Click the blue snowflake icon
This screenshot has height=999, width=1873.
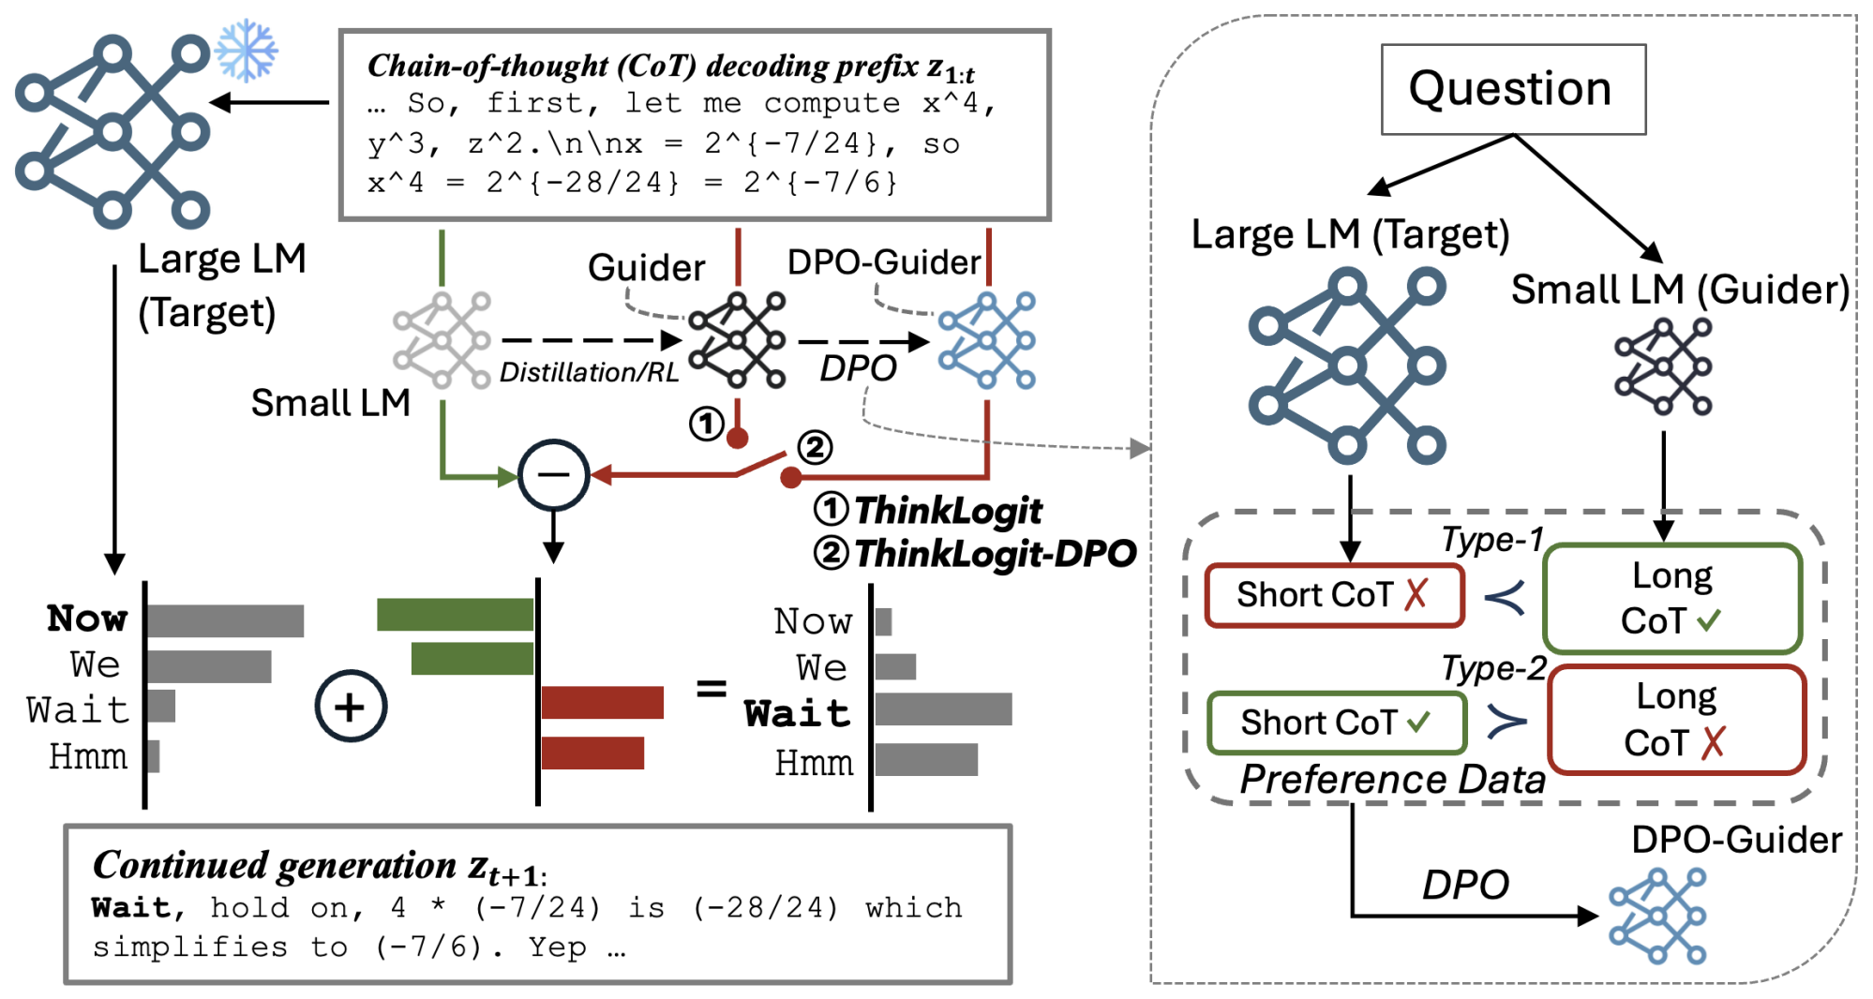(246, 50)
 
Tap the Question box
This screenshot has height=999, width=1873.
(1512, 89)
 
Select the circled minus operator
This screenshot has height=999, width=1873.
(553, 475)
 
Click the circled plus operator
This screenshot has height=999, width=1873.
(351, 707)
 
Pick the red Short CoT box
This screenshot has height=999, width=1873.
(1334, 595)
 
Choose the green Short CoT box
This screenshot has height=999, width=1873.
(1337, 723)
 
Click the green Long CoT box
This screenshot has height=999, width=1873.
(1672, 598)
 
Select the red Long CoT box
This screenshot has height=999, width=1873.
(1676, 720)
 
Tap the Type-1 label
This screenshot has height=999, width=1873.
(1491, 540)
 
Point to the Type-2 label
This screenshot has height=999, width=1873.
(1493, 668)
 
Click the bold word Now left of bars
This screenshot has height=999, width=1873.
(87, 619)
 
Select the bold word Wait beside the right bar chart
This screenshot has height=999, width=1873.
(797, 714)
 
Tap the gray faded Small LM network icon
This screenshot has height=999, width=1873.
(442, 340)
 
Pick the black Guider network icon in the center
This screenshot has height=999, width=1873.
(737, 340)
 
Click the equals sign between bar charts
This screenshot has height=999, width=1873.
(712, 690)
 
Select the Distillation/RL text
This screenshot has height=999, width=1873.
(589, 373)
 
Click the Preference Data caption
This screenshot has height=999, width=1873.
(1392, 780)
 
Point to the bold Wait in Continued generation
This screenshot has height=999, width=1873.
(131, 907)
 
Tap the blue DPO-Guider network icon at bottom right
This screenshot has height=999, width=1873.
(1657, 916)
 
